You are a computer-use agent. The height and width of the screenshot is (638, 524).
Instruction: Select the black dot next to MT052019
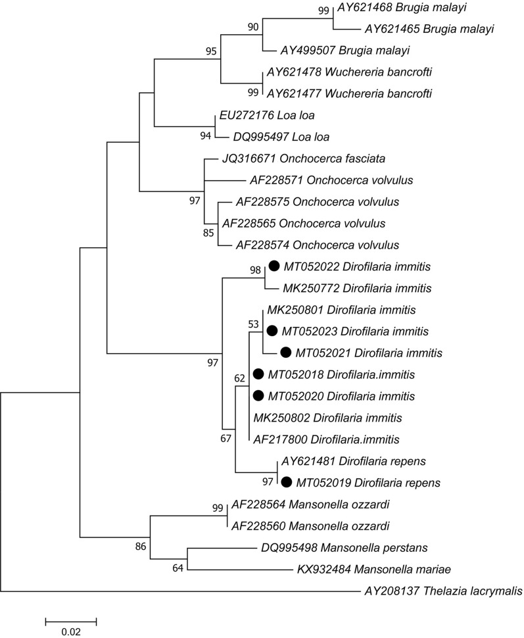pyautogui.click(x=287, y=482)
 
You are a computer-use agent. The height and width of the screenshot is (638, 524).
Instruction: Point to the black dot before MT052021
pyautogui.click(x=286, y=353)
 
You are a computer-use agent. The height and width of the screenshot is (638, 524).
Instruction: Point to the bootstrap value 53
pyautogui.click(x=254, y=324)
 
